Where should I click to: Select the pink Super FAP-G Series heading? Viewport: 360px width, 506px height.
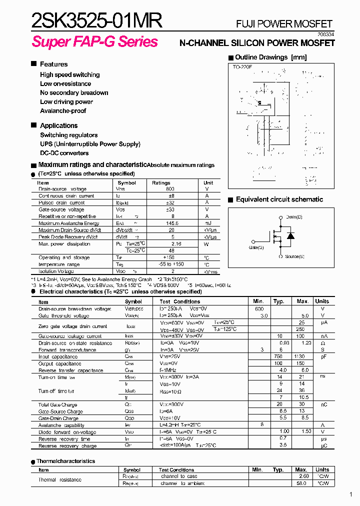pyautogui.click(x=95, y=41)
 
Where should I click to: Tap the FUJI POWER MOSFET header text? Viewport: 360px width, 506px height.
pyautogui.click(x=284, y=24)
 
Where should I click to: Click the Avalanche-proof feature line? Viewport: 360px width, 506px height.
pyautogui.click(x=63, y=111)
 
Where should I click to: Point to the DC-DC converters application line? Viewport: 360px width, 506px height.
pyautogui.click(x=64, y=153)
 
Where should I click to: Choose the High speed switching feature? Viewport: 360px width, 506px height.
pyautogui.click(x=70, y=75)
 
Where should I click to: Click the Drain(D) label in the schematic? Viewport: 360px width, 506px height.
pyautogui.click(x=294, y=217)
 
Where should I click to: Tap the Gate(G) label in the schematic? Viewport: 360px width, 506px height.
pyautogui.click(x=256, y=247)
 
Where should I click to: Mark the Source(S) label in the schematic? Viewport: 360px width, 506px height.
pyautogui.click(x=294, y=256)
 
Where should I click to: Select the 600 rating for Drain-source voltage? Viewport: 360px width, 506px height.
pyautogui.click(x=170, y=189)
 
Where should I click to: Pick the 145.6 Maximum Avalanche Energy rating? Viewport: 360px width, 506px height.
pyautogui.click(x=172, y=223)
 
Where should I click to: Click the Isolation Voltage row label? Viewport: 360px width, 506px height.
pyautogui.click(x=56, y=271)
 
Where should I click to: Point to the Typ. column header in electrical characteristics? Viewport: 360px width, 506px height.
pyautogui.click(x=279, y=301)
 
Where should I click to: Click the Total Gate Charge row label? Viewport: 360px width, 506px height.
pyautogui.click(x=57, y=404)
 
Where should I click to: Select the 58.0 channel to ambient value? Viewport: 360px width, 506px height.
pyautogui.click(x=301, y=483)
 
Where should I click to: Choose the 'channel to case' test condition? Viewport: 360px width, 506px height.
pyautogui.click(x=179, y=476)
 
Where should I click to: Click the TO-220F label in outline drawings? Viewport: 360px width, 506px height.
pyautogui.click(x=242, y=66)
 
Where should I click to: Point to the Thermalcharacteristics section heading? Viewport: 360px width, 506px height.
pyautogui.click(x=65, y=461)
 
